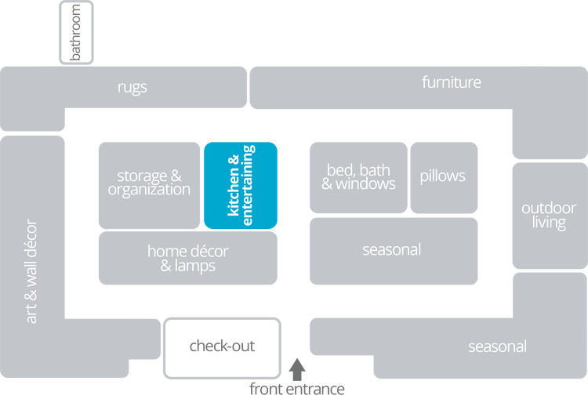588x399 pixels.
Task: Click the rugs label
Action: point(132,87)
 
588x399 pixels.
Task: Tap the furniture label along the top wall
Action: point(451,82)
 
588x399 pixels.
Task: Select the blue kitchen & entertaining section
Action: point(241,184)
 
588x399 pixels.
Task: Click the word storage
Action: point(142,176)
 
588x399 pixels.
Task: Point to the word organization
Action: point(149,190)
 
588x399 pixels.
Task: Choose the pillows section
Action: point(442,176)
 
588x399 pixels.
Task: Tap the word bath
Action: point(376,169)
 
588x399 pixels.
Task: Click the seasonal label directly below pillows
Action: point(392,250)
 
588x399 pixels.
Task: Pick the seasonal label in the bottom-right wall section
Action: point(497,346)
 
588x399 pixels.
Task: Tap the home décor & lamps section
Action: point(187,258)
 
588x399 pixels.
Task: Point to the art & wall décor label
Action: point(31,270)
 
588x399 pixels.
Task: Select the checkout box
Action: point(222,346)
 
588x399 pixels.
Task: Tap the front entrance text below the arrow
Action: point(296,388)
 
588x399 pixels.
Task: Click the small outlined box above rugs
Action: point(76,31)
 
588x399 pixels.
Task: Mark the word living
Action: point(549,223)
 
